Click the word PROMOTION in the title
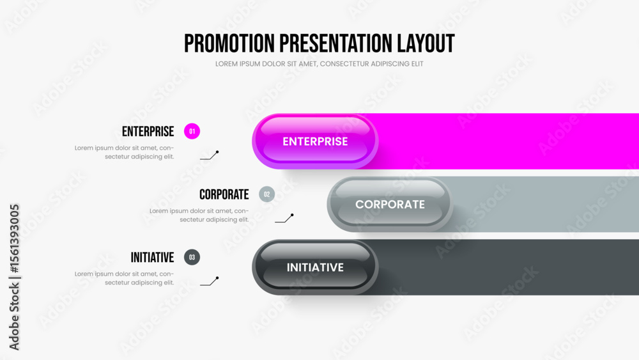(229, 43)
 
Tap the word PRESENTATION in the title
(336, 43)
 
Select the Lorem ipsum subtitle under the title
(319, 64)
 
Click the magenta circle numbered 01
(192, 131)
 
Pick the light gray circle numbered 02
(267, 194)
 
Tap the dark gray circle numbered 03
(192, 257)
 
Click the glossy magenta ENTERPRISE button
(315, 141)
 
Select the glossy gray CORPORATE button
(390, 204)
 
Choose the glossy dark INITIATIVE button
(315, 267)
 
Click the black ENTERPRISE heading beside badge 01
(148, 131)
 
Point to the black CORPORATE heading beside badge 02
(224, 194)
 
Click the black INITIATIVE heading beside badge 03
(153, 258)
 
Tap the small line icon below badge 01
(210, 155)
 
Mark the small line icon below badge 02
(284, 218)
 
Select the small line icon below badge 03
(210, 281)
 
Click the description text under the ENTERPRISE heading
(125, 152)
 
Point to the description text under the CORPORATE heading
(199, 215)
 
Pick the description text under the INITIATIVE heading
(125, 278)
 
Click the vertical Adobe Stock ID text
(14, 278)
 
